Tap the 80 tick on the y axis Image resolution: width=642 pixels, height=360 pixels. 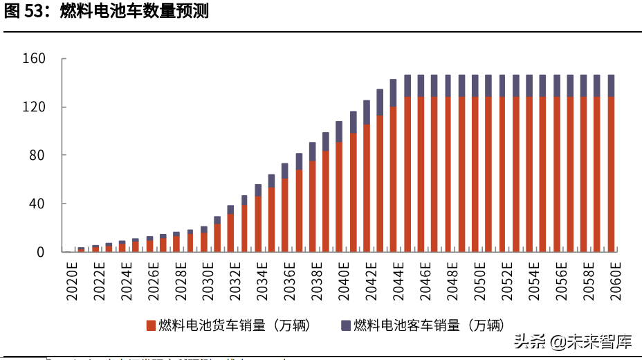coord(39,155)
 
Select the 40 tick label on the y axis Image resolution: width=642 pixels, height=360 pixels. coord(39,204)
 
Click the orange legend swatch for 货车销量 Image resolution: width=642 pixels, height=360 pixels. coord(150,325)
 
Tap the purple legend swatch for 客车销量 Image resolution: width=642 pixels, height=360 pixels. coord(345,325)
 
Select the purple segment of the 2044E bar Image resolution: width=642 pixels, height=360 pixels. coord(393,93)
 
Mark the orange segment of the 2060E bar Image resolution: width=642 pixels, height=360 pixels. coord(611,173)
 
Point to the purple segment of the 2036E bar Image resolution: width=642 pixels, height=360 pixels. coord(285,171)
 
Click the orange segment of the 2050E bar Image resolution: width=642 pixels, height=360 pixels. coord(475,173)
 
